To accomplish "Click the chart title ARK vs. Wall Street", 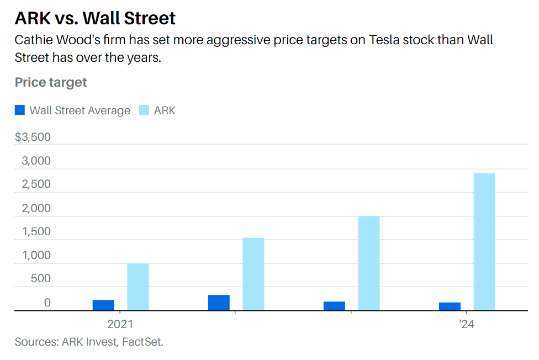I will pos(95,18).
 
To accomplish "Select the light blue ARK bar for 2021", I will pos(138,287).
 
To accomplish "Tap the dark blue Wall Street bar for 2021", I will pos(103,305).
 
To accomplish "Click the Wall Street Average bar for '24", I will pos(450,306).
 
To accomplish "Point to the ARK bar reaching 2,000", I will pos(369,263).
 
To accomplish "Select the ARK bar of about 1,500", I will pos(253,274).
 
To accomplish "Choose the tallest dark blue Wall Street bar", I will pos(219,303).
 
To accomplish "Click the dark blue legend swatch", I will pos(20,110).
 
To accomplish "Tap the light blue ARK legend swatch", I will pos(144,110).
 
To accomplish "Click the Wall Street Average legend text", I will pos(80,110).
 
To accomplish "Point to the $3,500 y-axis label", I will pos(33,137).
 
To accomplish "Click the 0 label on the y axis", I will pos(47,302).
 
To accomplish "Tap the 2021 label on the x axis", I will pos(120,324).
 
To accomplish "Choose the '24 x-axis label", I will pos(467,324).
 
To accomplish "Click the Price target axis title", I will pos(51,82).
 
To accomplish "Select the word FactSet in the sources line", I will pos(142,342).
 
